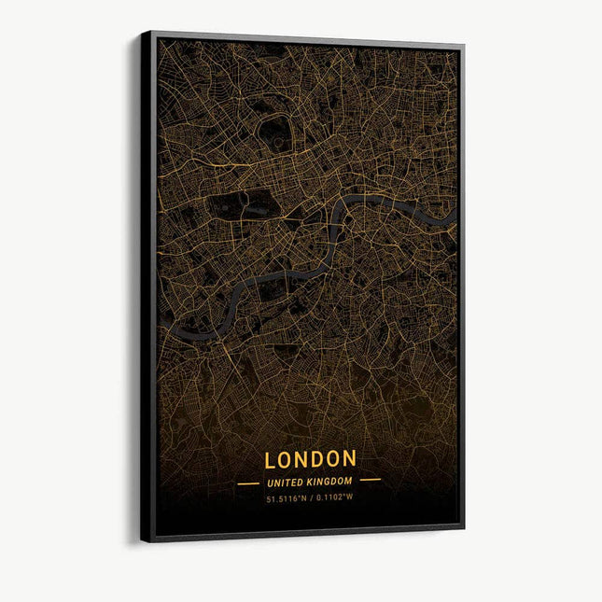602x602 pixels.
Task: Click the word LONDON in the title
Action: coord(310,459)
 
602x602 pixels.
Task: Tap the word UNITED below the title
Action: coord(286,482)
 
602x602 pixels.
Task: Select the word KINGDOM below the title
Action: coord(329,482)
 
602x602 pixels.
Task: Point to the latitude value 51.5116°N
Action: coord(288,497)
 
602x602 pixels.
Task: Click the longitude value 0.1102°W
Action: coord(334,497)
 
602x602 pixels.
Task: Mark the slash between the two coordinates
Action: coord(312,497)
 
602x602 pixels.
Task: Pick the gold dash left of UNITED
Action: coord(248,483)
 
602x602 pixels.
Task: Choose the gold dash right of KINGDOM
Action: coord(371,480)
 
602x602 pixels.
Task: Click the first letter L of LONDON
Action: coord(270,460)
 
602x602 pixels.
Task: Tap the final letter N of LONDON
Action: coord(349,458)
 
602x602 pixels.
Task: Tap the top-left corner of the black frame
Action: coord(143,33)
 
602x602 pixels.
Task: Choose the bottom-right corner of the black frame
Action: coord(463,528)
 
